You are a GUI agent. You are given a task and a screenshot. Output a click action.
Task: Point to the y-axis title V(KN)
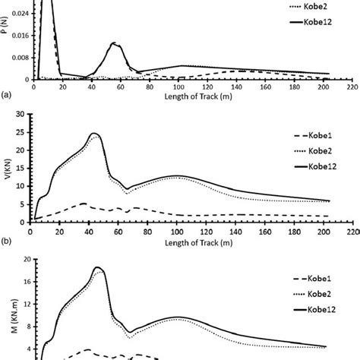8,167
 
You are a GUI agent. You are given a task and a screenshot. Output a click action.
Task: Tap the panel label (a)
7,96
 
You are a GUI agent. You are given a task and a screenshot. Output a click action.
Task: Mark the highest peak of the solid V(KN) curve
94,134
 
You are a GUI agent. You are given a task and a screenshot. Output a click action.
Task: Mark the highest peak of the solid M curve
97,267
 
